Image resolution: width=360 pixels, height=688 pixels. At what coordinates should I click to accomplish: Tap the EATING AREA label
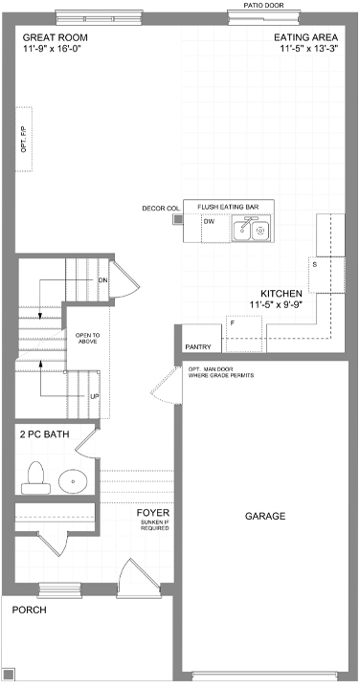(306, 37)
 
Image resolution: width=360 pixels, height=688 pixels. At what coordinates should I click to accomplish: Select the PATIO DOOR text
(263, 6)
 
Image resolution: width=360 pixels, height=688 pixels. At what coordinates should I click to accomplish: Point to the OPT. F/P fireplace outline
(25, 138)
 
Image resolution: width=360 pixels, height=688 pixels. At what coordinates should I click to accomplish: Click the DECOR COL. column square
(178, 218)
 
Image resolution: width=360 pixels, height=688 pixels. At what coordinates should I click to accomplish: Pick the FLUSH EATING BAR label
(228, 207)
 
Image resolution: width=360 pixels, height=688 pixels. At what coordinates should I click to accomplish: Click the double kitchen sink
(252, 228)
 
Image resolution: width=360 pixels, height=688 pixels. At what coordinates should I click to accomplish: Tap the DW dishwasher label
(209, 222)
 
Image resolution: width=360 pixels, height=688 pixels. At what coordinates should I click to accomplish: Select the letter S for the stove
(315, 264)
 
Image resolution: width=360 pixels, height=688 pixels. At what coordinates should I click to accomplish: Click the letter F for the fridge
(232, 323)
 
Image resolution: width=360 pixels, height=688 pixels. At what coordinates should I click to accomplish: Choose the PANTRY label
(198, 347)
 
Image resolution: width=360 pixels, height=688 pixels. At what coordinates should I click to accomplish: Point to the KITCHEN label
(281, 294)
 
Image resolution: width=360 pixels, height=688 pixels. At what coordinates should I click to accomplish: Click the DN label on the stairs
(102, 280)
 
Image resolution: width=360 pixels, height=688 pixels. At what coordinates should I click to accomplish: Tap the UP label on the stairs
(94, 396)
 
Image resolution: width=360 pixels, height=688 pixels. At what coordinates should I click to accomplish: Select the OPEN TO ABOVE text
(86, 338)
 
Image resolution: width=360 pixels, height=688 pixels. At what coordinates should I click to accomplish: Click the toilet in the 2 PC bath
(36, 478)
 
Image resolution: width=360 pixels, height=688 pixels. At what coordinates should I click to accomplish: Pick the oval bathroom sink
(73, 481)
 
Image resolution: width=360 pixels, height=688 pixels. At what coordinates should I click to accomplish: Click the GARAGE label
(265, 516)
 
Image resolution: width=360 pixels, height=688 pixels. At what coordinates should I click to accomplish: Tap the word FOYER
(153, 513)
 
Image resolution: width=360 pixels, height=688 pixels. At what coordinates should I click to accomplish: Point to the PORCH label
(29, 610)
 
